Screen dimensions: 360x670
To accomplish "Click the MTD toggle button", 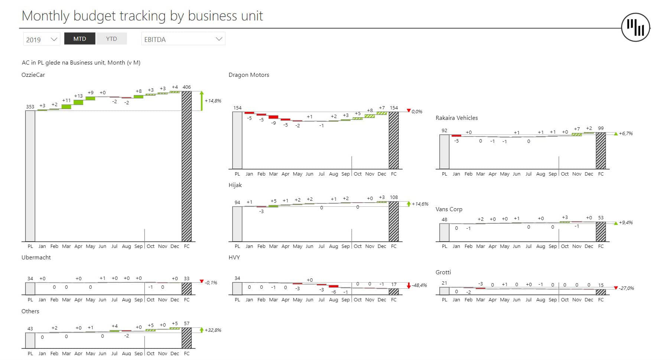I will pos(79,39).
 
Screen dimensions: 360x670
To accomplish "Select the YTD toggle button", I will pos(111,39).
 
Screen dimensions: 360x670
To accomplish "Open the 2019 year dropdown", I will pos(41,39).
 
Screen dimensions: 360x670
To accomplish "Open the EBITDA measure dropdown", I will pos(183,39).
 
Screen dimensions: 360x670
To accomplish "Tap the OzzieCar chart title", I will pos(33,75).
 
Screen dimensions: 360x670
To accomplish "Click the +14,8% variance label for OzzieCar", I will pos(213,101).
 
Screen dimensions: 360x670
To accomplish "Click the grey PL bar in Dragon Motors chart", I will pos(237,140).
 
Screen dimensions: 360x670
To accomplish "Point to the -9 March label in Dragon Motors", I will pos(274,123).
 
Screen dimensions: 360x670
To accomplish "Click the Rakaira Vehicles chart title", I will pos(456,118).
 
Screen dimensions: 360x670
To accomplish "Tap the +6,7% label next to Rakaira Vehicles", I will pos(625,133).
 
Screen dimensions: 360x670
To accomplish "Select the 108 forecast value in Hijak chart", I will pos(394,197).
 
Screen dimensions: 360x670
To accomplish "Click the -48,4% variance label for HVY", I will pos(419,285).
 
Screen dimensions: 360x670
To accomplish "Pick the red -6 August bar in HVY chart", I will pos(334,286).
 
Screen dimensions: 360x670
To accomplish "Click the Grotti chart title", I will pos(443,272).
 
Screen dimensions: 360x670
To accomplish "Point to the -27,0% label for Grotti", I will pos(626,288).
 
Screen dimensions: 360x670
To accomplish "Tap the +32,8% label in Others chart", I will pos(213,330).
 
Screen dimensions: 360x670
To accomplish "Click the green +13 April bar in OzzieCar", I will pos(78,102).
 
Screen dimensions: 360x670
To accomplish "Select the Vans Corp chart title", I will pos(449,209).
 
